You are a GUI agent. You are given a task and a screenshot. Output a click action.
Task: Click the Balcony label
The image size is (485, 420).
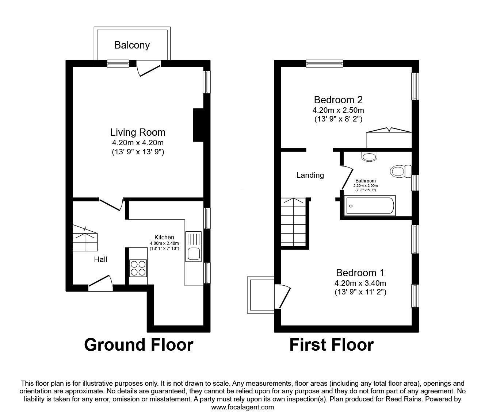coord(132,45)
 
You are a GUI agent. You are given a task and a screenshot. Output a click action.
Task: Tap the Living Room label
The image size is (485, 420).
coord(138,132)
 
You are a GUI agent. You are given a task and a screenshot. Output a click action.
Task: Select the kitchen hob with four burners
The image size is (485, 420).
coord(138,268)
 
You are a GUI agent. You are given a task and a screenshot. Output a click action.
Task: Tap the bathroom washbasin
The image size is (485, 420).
coord(369,156)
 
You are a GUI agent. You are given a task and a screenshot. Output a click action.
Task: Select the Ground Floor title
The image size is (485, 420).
coord(138,344)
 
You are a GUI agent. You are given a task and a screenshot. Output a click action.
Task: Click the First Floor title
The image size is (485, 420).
coord(331,344)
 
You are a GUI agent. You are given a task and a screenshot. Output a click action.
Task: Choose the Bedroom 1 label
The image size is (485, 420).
coord(360,273)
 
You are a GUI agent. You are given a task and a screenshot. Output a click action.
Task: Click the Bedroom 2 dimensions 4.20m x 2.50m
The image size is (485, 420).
coord(338,110)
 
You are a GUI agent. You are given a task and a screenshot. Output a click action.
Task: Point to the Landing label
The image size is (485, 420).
coord(310,175)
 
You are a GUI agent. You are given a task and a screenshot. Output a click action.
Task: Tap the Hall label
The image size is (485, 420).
coord(100,259)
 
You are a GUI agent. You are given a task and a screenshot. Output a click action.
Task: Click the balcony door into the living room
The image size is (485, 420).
coord(148,68)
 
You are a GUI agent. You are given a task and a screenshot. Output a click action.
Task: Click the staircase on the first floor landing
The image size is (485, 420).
coord(295,222)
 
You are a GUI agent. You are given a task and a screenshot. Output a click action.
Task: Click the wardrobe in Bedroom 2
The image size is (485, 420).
coord(389,139)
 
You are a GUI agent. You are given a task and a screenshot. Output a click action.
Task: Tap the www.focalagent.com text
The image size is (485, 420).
coord(242,407)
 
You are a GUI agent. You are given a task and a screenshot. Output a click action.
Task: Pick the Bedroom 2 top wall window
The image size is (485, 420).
coord(324,63)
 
